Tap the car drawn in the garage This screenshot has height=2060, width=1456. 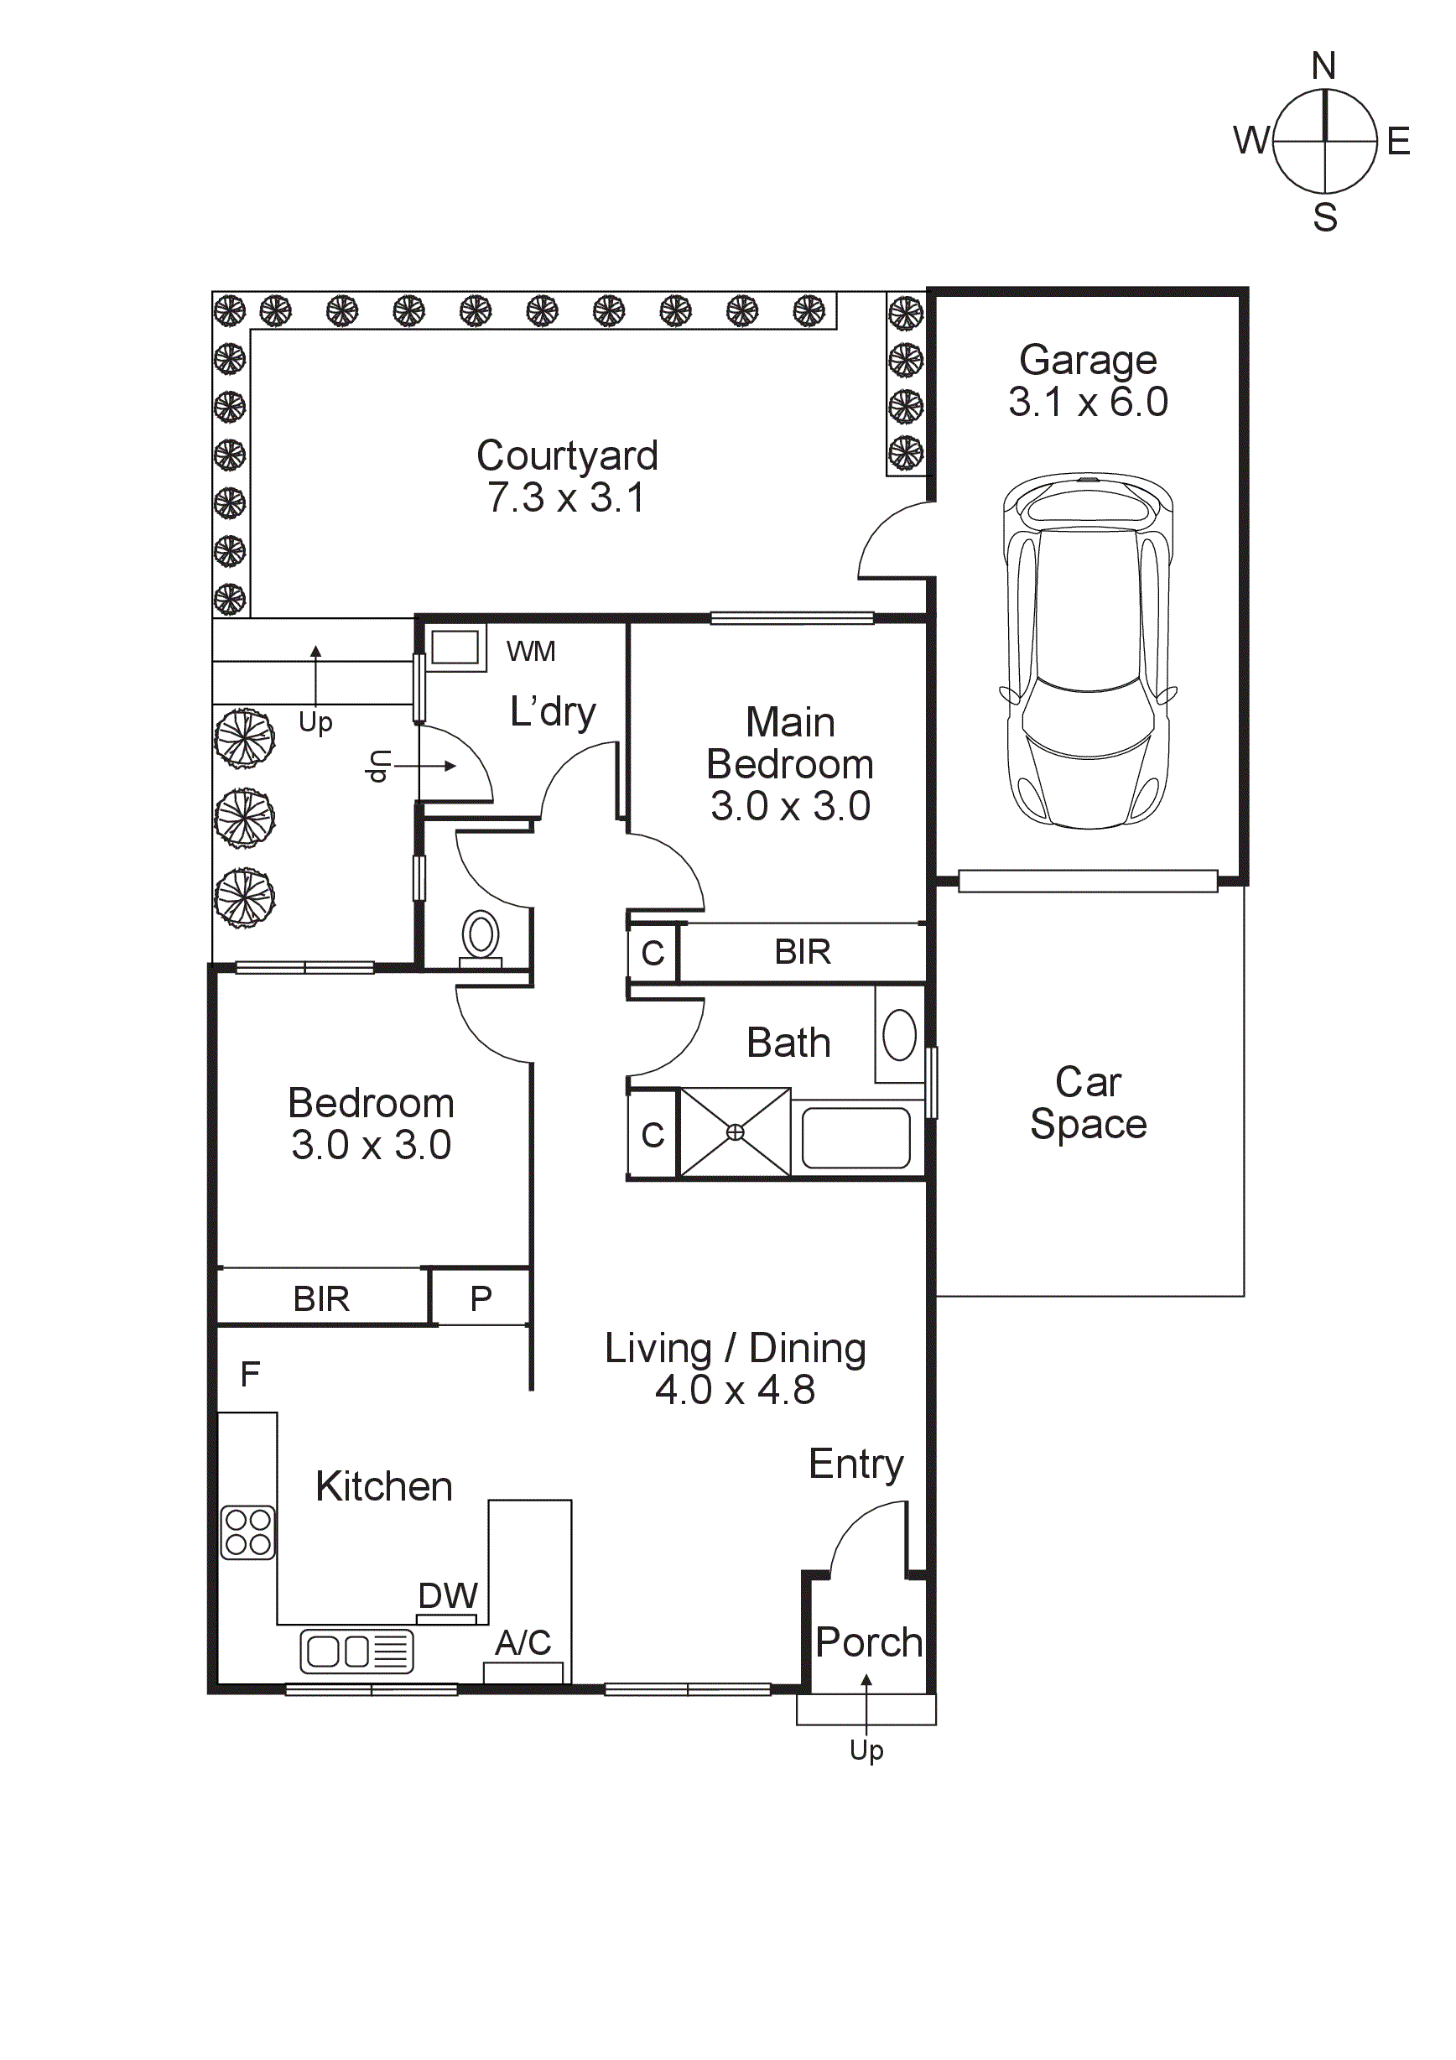tap(1087, 651)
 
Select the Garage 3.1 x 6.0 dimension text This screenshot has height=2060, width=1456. tap(1087, 402)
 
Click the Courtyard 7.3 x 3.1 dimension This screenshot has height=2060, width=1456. tap(566, 498)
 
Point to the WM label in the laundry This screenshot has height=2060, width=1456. tap(530, 652)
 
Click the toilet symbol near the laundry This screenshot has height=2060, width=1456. tap(481, 937)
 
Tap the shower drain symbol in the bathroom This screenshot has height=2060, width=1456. tap(735, 1132)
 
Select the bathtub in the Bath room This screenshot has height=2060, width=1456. tap(855, 1137)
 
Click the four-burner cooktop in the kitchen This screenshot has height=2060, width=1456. tap(247, 1532)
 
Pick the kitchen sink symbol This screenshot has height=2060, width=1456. tap(356, 1652)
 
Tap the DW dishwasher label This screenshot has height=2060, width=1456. tap(448, 1596)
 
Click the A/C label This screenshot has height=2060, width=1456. tap(523, 1643)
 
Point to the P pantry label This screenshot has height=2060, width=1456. tap(481, 1298)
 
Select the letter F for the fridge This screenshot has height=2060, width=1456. tap(250, 1374)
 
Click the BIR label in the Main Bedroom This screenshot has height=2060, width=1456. tap(802, 952)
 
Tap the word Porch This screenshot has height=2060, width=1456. tap(868, 1643)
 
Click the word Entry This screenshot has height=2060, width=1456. tap(855, 1464)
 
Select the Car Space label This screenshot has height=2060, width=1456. tap(1088, 1103)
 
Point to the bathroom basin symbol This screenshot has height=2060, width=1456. tap(899, 1034)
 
